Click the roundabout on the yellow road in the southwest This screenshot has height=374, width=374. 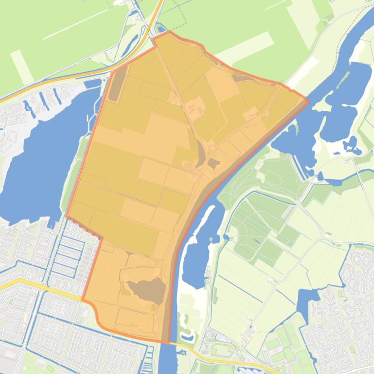click(x=43, y=287)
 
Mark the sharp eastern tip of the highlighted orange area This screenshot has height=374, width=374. click(x=308, y=101)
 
